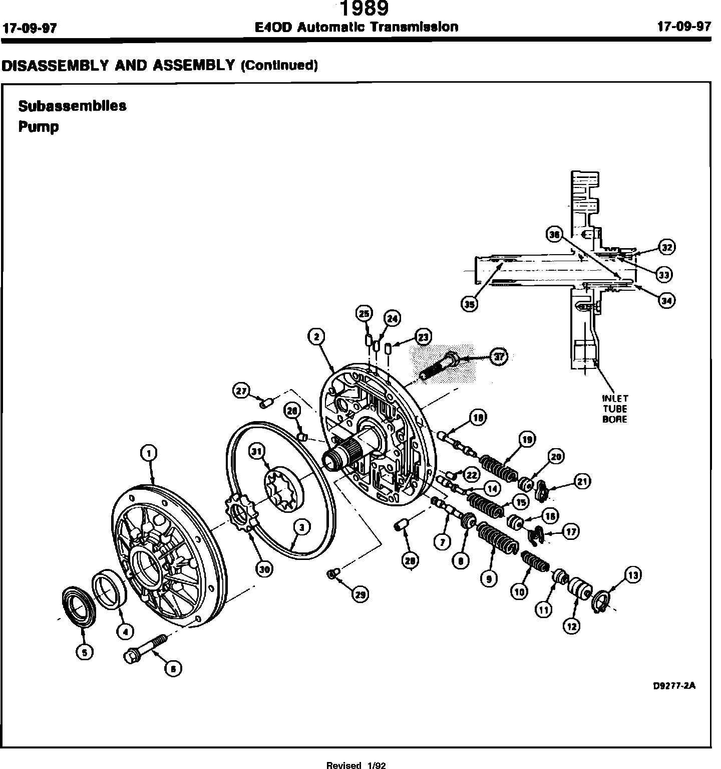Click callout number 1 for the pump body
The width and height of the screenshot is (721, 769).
click(148, 453)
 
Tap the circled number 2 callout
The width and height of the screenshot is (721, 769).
click(316, 337)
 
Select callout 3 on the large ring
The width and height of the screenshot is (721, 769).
click(301, 527)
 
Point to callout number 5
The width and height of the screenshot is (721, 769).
click(84, 651)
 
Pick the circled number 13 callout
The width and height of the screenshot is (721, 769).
click(633, 575)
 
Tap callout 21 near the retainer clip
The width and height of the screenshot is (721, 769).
click(582, 481)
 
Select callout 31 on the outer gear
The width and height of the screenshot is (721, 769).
click(257, 452)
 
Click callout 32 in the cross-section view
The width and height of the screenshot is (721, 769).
click(666, 247)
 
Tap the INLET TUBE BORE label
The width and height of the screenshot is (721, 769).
click(614, 409)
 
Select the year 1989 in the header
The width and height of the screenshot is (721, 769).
click(364, 9)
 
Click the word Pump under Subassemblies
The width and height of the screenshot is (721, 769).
click(39, 127)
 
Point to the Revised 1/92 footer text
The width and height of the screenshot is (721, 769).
click(355, 765)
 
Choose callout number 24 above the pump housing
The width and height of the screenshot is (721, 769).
click(392, 318)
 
